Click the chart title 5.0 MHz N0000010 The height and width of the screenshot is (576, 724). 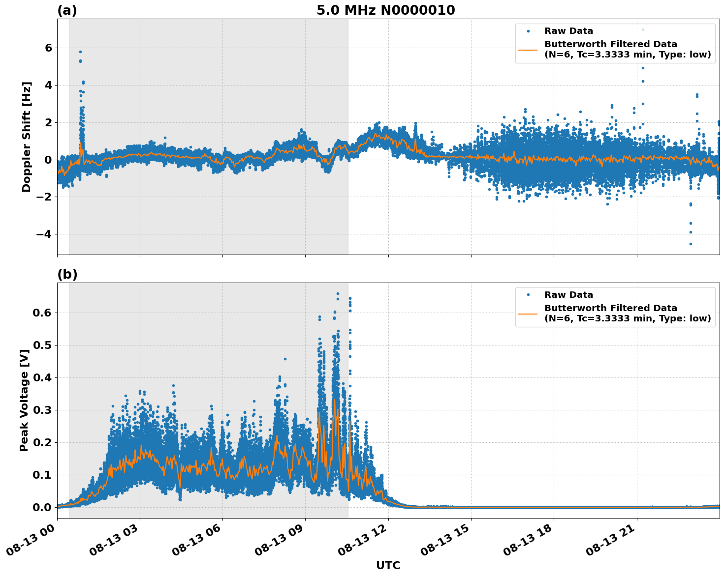tap(385, 10)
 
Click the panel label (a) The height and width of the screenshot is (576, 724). tap(67, 10)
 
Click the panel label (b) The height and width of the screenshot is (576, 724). tap(67, 274)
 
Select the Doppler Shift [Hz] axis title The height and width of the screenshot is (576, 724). tap(27, 137)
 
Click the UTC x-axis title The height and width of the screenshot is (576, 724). tap(388, 565)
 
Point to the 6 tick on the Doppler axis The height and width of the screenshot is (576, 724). tap(48, 48)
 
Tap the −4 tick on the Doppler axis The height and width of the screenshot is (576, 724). tap(45, 234)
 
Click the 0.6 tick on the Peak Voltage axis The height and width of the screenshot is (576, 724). tap(41, 313)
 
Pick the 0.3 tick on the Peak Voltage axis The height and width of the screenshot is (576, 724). tap(41, 410)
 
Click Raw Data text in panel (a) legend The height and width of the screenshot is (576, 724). tap(568, 31)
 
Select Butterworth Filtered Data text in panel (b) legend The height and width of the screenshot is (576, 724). tap(610, 308)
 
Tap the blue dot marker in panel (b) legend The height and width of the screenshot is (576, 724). tap(528, 295)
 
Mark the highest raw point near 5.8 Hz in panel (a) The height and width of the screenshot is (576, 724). tap(80, 52)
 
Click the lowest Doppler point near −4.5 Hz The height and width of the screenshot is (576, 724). tap(691, 244)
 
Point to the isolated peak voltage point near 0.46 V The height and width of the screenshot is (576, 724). tap(285, 359)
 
